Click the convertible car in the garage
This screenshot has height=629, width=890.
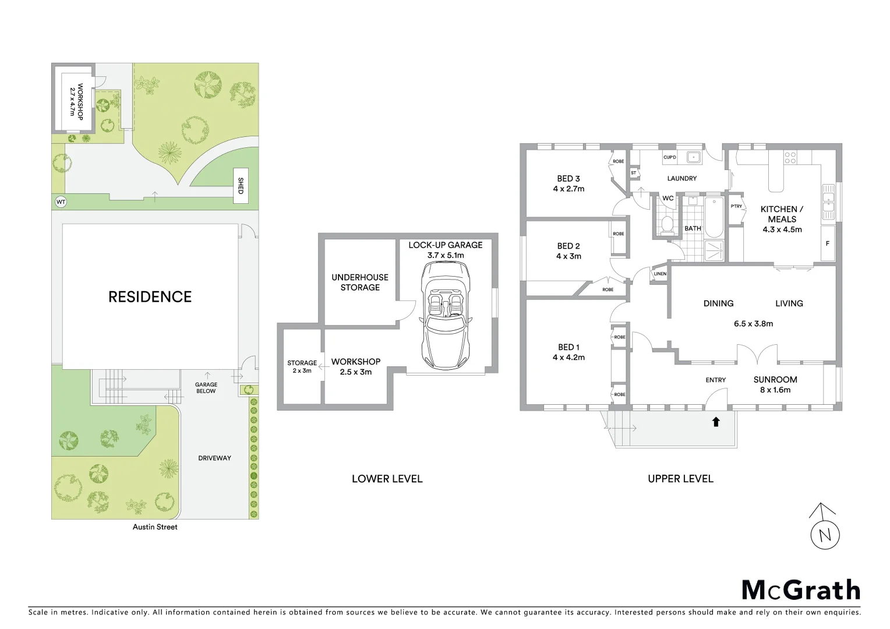click(446, 317)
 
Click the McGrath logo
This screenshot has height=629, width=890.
click(800, 590)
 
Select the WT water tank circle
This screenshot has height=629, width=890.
click(61, 202)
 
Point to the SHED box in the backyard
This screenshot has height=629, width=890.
click(241, 186)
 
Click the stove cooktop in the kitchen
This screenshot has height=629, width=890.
click(790, 157)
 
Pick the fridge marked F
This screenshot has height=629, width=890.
click(827, 243)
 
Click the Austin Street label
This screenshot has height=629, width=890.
click(154, 527)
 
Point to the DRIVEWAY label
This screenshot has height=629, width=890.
click(214, 458)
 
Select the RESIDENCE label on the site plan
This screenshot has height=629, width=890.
click(150, 297)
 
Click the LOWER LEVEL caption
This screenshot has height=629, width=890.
click(387, 479)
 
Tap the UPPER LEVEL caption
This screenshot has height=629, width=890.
click(680, 479)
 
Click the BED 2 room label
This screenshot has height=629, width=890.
click(568, 246)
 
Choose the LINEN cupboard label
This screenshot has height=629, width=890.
click(660, 274)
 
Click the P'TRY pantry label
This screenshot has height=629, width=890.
click(736, 206)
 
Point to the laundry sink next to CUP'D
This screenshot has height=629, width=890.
click(693, 157)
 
